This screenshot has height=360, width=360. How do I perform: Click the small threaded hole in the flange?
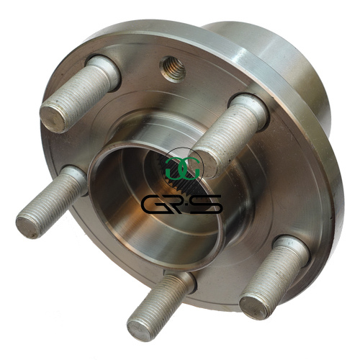pos(174,69)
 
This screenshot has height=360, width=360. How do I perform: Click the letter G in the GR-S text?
pos(152,204)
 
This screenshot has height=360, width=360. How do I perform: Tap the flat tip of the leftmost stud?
pos(28,227)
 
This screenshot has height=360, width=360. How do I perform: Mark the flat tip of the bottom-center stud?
pos(139,330)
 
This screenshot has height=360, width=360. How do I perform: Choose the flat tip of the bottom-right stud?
pos(254,307)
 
